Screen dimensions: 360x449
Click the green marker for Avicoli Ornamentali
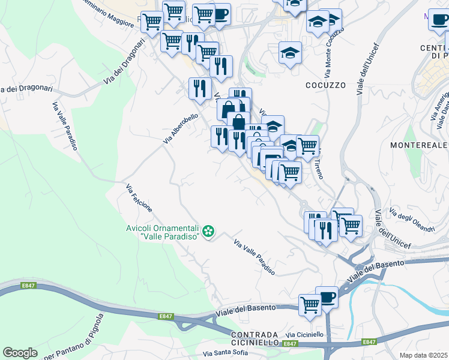coord(208,231)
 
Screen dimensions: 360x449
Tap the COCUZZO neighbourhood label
coord(325,85)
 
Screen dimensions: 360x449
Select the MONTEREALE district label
coord(418,145)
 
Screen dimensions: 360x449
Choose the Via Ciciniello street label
coord(304,334)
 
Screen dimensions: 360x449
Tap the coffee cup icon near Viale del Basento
coord(327,296)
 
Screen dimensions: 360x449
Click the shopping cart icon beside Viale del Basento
coord(310,304)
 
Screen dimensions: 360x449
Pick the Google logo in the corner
coord(20,353)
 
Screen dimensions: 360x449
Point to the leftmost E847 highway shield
coord(28,286)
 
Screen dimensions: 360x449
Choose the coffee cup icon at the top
coord(220,13)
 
